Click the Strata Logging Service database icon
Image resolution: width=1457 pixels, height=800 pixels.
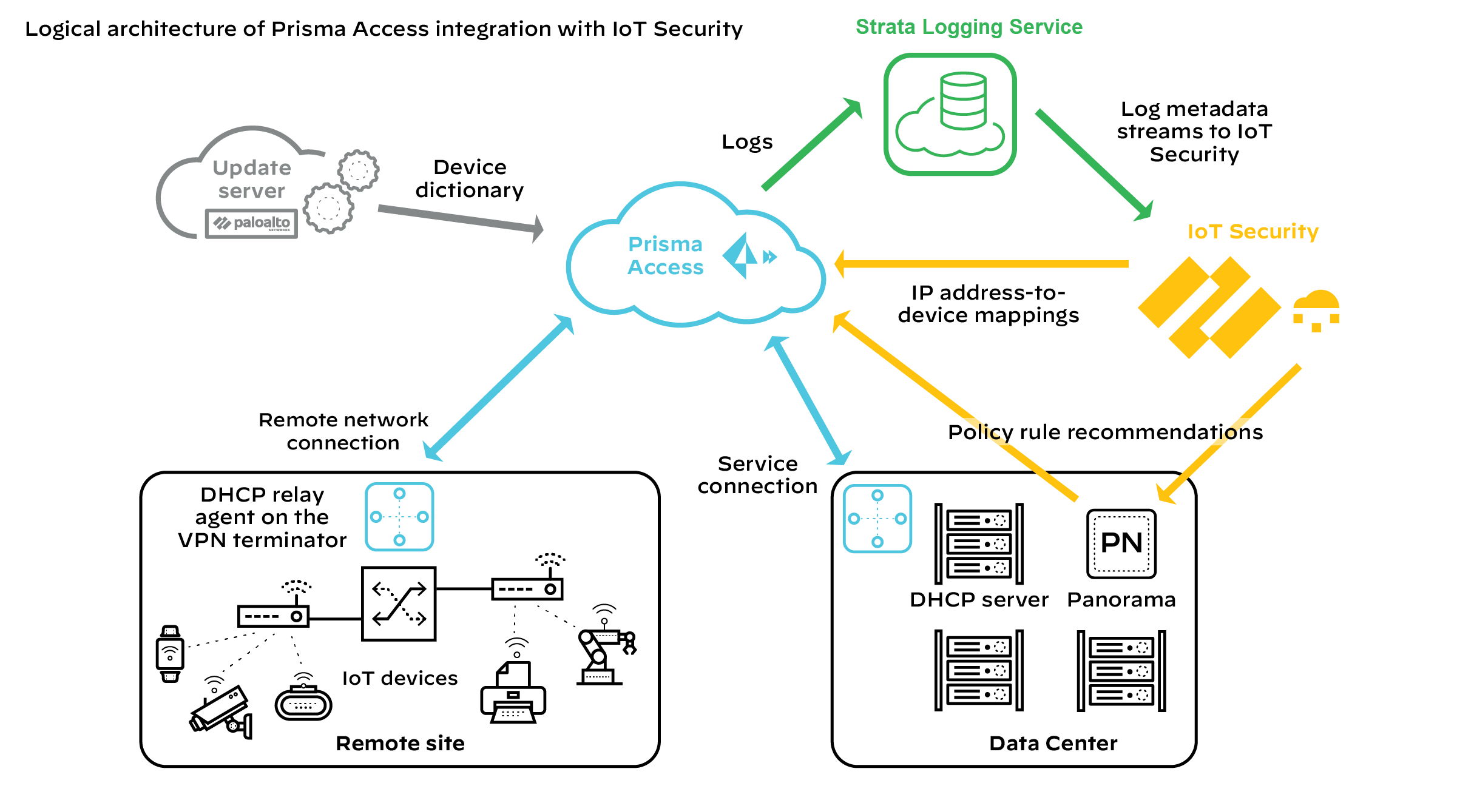[950, 114]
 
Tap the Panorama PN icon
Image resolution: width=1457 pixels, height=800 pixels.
[1121, 543]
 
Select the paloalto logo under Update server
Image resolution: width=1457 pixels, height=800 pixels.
[252, 224]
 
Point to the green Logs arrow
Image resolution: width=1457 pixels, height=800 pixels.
[811, 145]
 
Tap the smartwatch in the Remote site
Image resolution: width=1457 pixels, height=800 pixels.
[170, 654]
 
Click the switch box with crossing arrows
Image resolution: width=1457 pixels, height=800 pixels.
[399, 604]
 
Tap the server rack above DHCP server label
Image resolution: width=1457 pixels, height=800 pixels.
[979, 544]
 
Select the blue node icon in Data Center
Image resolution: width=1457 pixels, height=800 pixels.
[877, 519]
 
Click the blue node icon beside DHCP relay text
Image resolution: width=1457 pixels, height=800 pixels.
[399, 517]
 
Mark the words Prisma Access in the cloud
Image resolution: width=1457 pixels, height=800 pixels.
[666, 255]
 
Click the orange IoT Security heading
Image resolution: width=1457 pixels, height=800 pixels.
[1252, 232]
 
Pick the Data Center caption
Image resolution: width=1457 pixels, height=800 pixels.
[1053, 743]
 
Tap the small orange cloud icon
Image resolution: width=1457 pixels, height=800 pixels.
[1316, 309]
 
